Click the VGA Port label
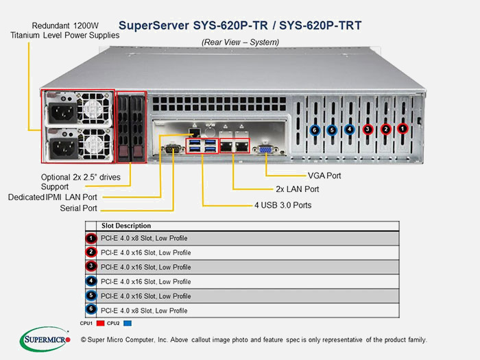[324, 176]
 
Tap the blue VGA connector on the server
[265, 149]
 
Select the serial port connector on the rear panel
[172, 149]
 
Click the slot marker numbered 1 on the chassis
[403, 129]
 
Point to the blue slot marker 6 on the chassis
[314, 130]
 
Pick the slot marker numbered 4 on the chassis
[350, 130]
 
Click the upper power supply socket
[63, 112]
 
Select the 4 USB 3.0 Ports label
[283, 205]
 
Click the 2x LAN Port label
[297, 189]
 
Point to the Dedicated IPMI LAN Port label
[52, 197]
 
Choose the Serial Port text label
[78, 208]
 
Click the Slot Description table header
[126, 226]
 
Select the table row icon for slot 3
[91, 266]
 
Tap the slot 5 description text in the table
[145, 296]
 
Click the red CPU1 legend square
[100, 323]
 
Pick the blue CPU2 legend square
[128, 323]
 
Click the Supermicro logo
[45, 339]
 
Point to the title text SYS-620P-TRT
[320, 25]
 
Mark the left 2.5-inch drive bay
[123, 128]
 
